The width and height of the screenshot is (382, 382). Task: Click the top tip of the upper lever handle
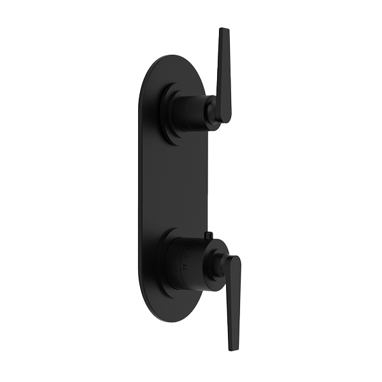pos(223,31)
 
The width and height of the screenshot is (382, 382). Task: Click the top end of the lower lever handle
pos(234,260)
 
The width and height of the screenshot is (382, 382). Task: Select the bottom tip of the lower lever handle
pos(230,348)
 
